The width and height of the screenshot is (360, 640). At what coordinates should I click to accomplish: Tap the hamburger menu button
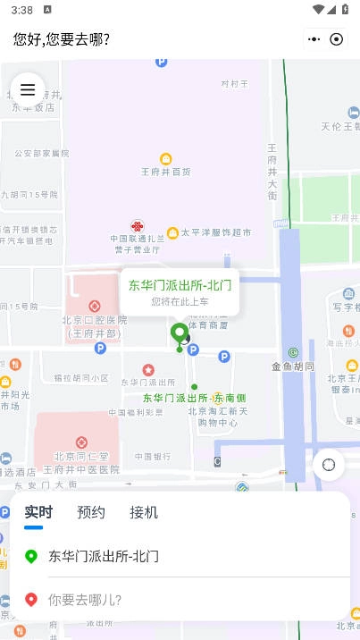pos(28,89)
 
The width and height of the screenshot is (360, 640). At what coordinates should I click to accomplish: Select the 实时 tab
pos(38,512)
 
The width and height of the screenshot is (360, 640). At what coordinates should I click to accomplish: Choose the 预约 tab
pos(91,512)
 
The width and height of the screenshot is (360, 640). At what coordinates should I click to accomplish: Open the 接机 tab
pos(144,512)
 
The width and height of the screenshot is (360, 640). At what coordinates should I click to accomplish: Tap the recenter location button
pos(329,464)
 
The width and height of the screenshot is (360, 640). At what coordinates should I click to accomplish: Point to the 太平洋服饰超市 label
pos(216,232)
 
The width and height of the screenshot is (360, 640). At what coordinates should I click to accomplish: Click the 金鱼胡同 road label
pos(293,366)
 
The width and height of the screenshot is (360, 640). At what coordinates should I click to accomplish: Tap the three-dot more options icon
pos(314,39)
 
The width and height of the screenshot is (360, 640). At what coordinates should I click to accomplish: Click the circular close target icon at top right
pos(337,39)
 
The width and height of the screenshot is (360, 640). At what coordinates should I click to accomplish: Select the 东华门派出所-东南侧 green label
pos(195,398)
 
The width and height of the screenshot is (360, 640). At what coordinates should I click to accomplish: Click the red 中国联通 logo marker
pos(137,226)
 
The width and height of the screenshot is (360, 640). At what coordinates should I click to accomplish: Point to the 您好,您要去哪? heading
pos(62,39)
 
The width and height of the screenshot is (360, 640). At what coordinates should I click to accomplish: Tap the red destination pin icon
pos(31,600)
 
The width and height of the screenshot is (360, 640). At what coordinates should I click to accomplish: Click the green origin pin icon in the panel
pos(31,556)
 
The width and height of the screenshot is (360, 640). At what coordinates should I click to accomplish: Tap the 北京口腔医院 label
pos(95,320)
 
